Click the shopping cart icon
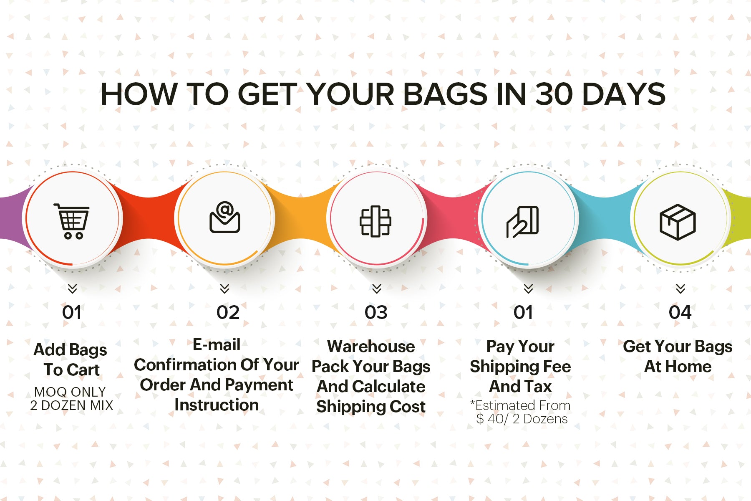[x=72, y=221]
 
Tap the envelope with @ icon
[x=224, y=217]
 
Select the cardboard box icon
[x=678, y=222]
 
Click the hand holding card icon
[x=522, y=222]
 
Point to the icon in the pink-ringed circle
[x=375, y=221]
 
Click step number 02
[x=228, y=313]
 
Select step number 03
[x=376, y=313]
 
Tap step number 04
[x=680, y=313]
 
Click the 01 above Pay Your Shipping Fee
[x=523, y=313]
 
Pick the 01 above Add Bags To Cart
[x=72, y=313]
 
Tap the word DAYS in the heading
[x=624, y=94]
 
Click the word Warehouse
[x=371, y=347]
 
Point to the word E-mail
[x=217, y=345]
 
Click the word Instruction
[x=217, y=405]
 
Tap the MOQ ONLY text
[x=70, y=392]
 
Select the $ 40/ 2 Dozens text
[x=522, y=419]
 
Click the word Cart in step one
[x=84, y=370]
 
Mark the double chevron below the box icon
[x=680, y=288]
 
